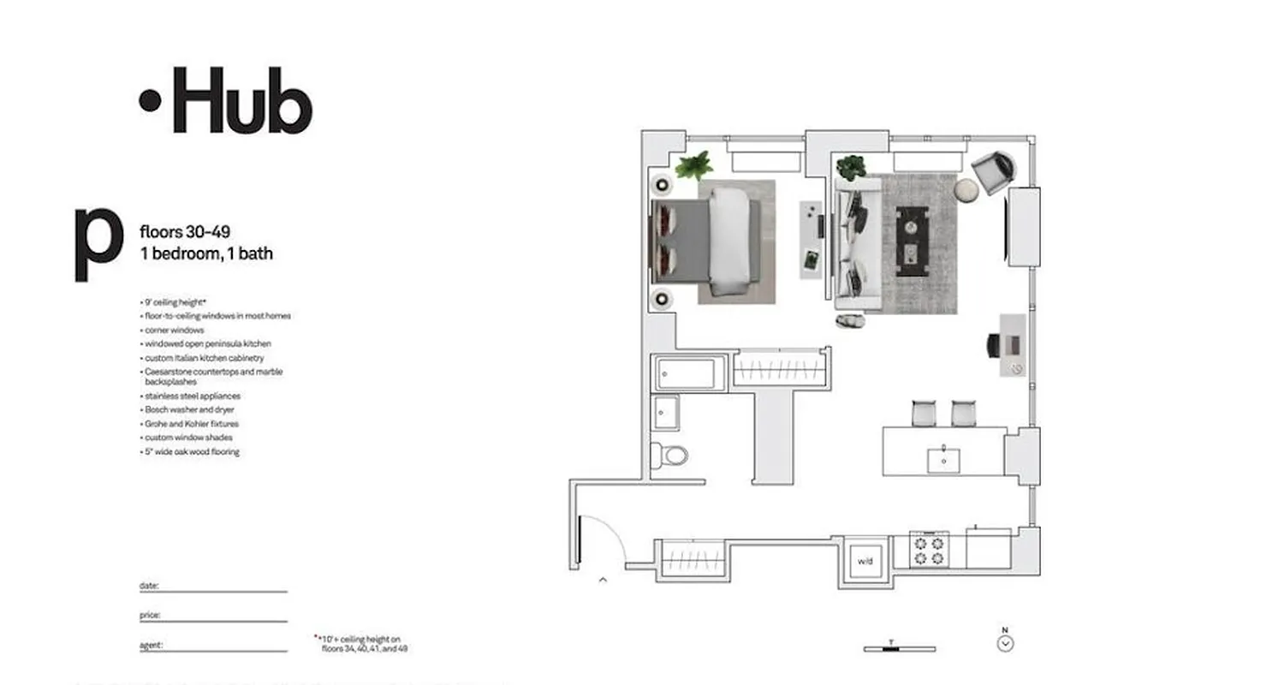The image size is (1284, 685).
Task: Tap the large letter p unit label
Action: point(98,242)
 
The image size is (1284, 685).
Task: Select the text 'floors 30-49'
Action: point(184,231)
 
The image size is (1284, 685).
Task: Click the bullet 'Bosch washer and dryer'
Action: point(191,410)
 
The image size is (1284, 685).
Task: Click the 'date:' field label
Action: point(149,586)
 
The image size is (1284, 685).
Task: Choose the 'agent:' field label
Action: point(151,646)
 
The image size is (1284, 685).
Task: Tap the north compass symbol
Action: point(1006,643)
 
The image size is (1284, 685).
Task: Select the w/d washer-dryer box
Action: point(865,561)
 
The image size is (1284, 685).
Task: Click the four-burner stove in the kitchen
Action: point(929,550)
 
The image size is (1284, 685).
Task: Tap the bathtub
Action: point(686,373)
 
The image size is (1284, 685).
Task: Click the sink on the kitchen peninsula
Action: point(943,460)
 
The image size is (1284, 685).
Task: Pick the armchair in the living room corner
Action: point(993,171)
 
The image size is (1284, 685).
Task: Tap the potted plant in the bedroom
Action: point(694,165)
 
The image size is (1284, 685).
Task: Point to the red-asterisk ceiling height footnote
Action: point(363,643)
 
